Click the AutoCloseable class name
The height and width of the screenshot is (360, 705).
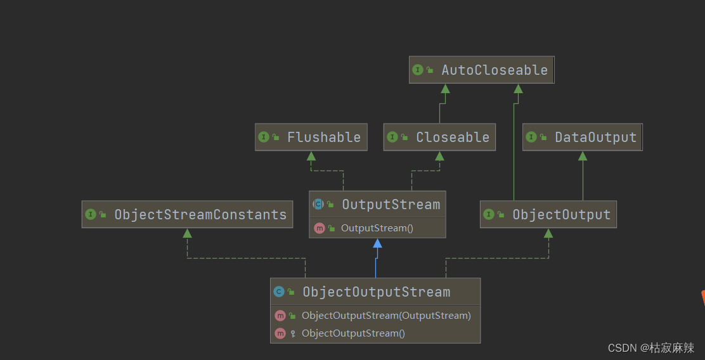click(494, 70)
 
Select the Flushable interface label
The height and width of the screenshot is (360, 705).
click(323, 137)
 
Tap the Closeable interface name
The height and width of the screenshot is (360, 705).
click(452, 137)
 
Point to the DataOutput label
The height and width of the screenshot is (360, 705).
click(595, 137)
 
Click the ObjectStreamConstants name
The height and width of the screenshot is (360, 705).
click(200, 214)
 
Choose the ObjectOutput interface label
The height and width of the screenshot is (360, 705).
click(561, 214)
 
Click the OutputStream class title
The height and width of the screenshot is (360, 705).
click(391, 204)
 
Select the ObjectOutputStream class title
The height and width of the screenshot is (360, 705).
click(376, 292)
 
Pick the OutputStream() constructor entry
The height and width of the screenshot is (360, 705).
click(377, 228)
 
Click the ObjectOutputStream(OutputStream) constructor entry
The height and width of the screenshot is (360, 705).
click(386, 315)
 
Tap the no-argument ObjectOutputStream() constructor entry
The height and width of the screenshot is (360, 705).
click(353, 333)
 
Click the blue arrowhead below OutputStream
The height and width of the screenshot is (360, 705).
click(377, 243)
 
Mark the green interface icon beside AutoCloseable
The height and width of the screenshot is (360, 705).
click(417, 70)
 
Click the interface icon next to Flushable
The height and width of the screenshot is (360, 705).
click(264, 137)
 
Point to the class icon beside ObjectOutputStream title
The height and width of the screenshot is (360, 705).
click(278, 292)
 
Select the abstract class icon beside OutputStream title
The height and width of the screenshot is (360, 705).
click(318, 204)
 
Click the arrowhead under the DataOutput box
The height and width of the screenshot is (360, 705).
click(583, 156)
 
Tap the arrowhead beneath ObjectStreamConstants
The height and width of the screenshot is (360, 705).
click(187, 233)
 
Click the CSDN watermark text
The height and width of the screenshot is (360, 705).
click(650, 347)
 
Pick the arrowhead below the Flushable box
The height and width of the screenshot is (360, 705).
click(311, 156)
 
